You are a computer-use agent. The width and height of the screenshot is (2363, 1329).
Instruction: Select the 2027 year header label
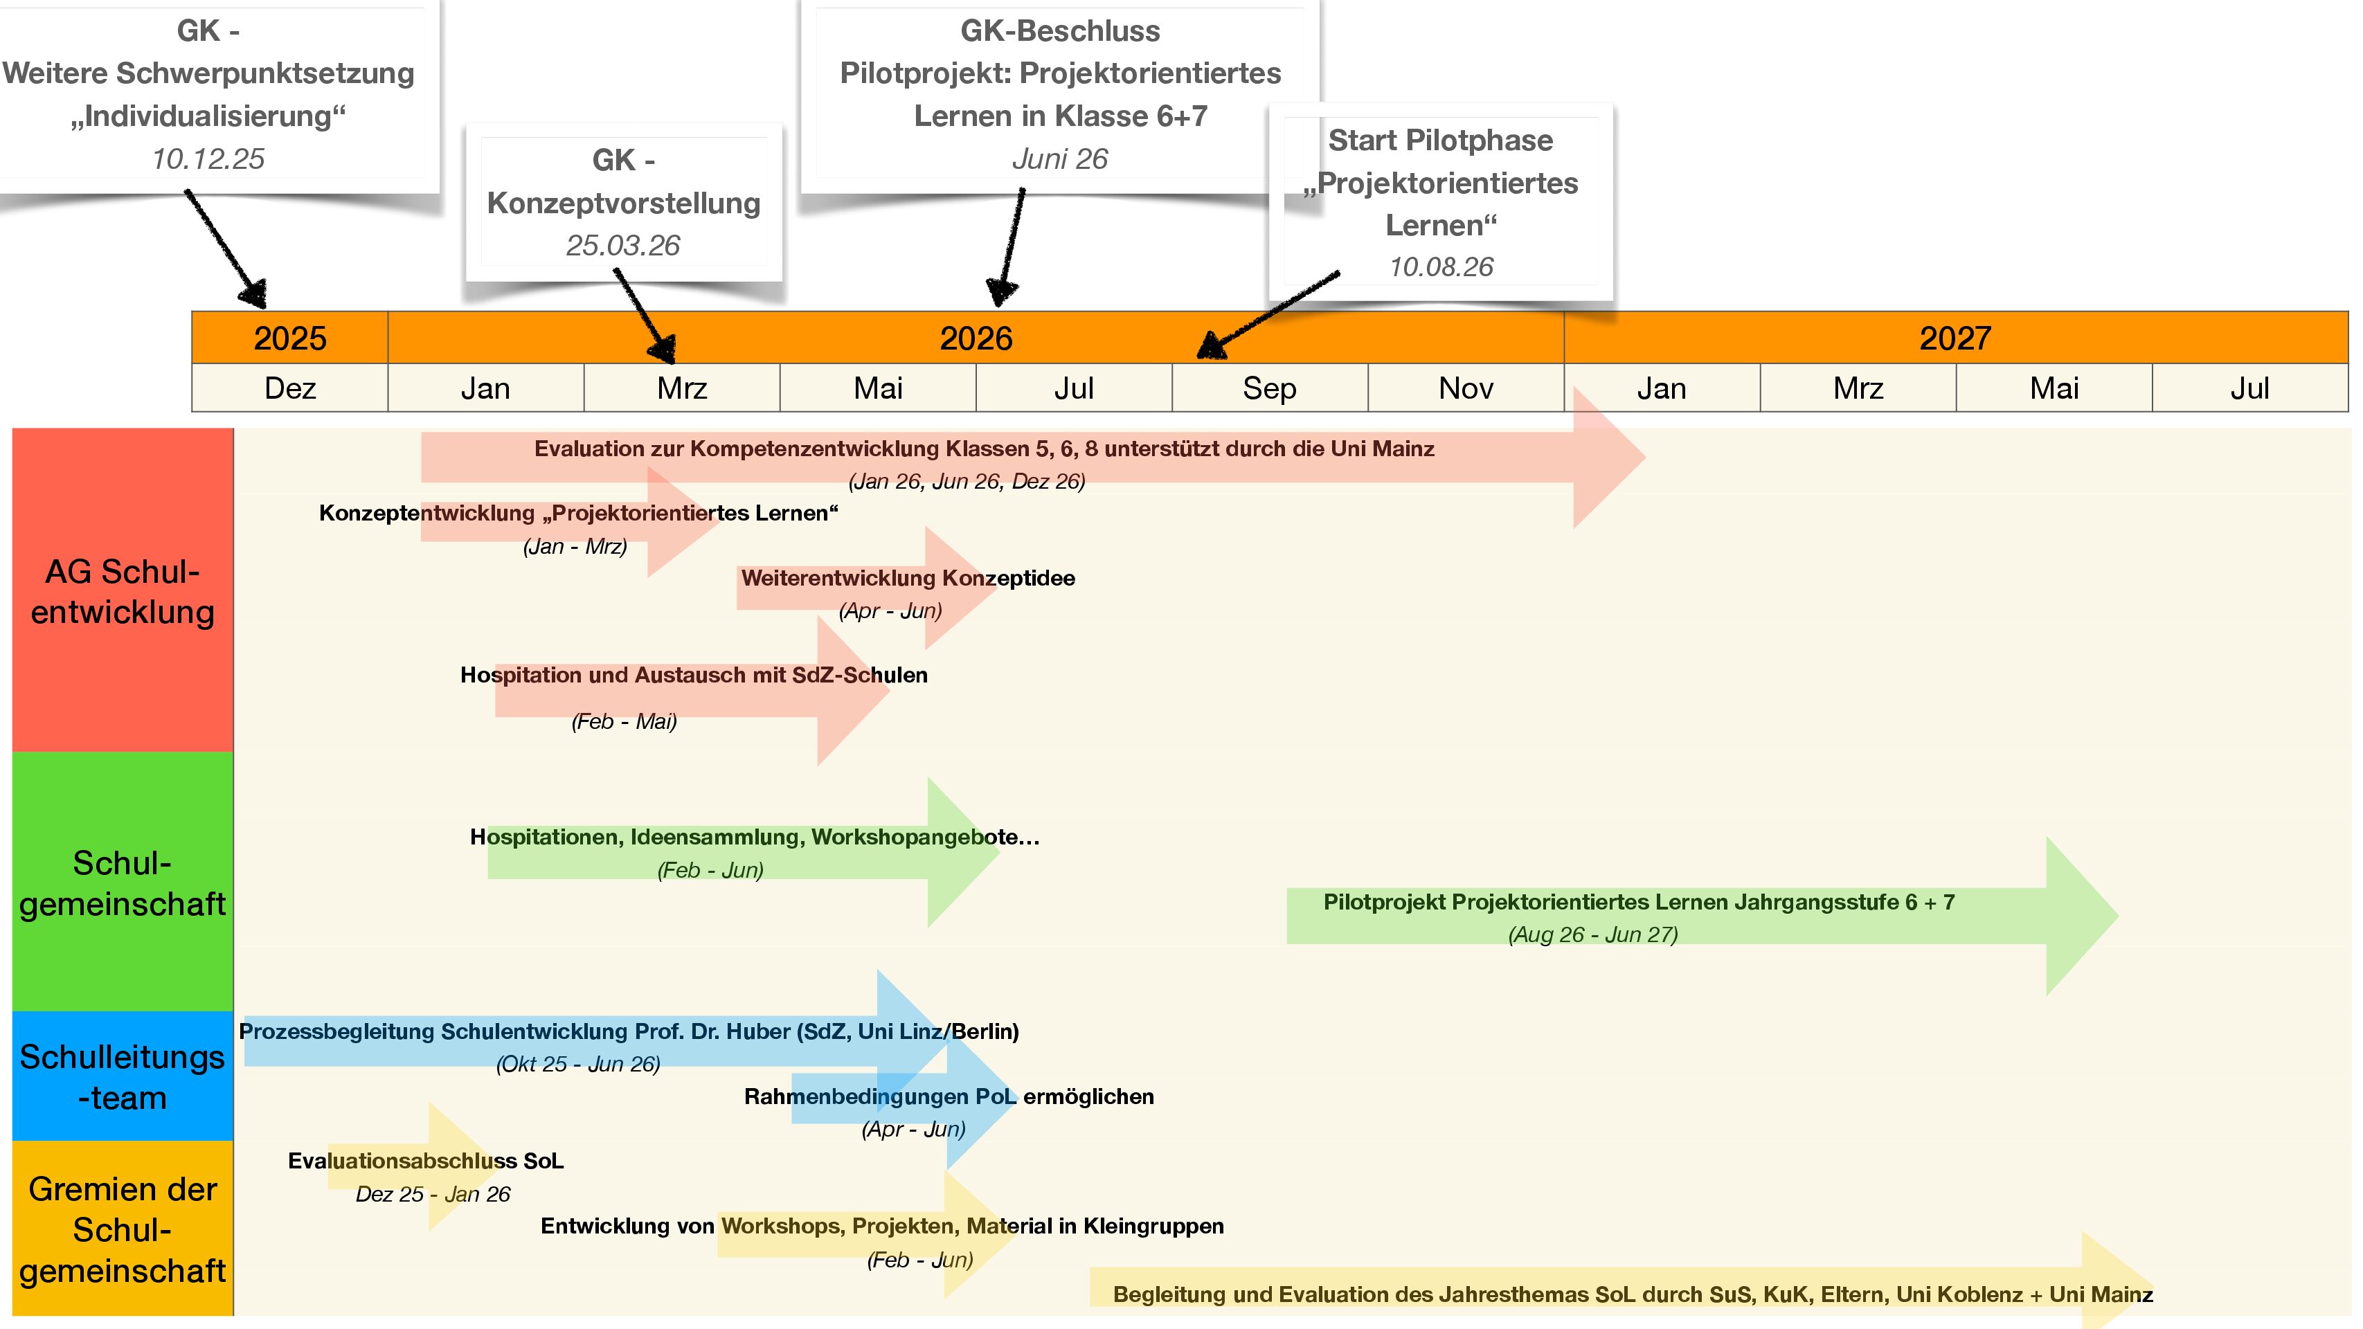click(x=1954, y=338)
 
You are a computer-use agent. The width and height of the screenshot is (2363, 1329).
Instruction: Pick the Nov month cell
click(x=1465, y=388)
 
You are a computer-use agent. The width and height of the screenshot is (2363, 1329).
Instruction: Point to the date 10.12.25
click(x=208, y=159)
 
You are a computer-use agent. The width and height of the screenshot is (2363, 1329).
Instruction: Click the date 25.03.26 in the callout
click(x=623, y=245)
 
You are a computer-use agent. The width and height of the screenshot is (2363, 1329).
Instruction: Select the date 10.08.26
click(x=1440, y=267)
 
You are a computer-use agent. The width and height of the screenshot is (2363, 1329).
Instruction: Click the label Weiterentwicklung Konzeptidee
click(x=907, y=578)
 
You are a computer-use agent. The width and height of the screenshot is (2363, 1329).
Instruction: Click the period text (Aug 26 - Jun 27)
click(x=1592, y=934)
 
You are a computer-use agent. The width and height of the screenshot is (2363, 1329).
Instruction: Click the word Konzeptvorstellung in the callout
click(x=623, y=203)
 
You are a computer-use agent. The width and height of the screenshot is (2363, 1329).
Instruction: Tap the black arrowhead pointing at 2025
click(x=253, y=293)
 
